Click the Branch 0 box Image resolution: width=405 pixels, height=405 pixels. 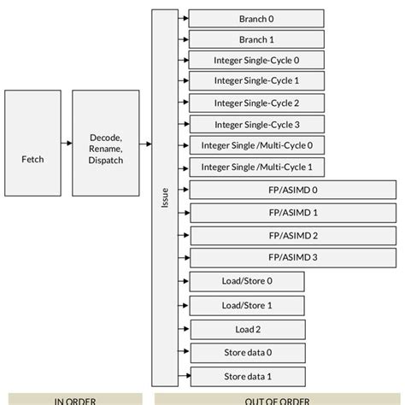256,19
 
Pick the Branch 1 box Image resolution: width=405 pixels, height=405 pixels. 256,39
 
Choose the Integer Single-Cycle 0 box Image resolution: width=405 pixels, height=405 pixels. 256,61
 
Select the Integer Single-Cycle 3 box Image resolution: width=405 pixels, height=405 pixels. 256,125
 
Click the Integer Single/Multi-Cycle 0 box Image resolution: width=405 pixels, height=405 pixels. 256,145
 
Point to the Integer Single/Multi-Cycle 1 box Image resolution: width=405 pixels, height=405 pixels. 256,167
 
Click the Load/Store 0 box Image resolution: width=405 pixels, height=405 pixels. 247,281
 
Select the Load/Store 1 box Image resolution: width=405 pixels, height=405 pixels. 247,305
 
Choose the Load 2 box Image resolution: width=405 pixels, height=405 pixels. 247,329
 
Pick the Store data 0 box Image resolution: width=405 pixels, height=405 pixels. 247,352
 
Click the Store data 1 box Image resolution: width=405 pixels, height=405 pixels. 247,376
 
